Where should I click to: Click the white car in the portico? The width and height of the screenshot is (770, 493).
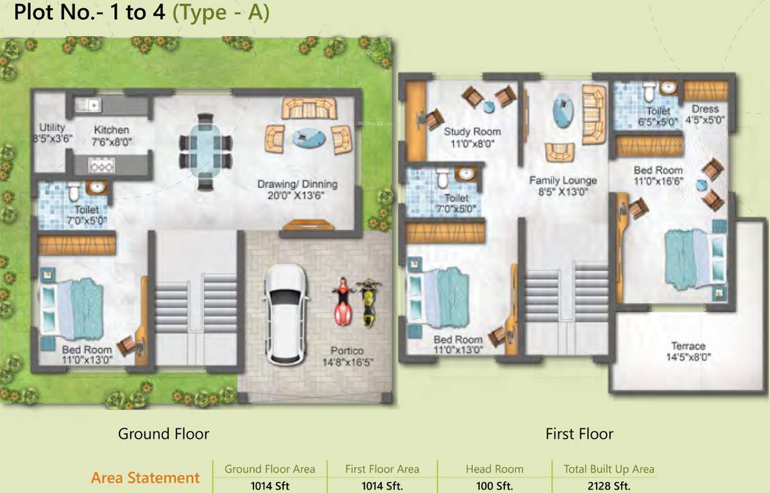click(x=287, y=314)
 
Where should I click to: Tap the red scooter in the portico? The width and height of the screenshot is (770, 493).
click(x=343, y=302)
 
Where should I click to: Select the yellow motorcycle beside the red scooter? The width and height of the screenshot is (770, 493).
click(x=368, y=302)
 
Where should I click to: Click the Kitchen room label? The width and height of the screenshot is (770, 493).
click(x=112, y=130)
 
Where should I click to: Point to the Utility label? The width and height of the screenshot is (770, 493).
click(x=52, y=127)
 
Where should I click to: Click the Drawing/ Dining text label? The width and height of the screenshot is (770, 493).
click(x=297, y=184)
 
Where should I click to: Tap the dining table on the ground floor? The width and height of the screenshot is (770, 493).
click(x=205, y=151)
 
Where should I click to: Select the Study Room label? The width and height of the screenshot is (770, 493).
click(x=472, y=132)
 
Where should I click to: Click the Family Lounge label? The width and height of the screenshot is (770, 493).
click(x=563, y=180)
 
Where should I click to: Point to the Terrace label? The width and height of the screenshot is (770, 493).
click(x=688, y=345)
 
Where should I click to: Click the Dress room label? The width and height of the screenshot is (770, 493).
click(x=705, y=109)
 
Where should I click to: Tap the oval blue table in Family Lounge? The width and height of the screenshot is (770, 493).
click(x=563, y=110)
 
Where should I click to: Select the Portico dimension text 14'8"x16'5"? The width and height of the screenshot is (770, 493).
click(x=348, y=362)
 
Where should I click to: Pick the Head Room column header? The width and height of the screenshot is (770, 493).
click(x=495, y=469)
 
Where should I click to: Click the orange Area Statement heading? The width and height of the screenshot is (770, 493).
click(x=145, y=478)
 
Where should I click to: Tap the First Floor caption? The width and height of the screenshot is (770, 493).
click(x=579, y=434)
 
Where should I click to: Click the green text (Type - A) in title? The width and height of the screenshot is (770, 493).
click(x=221, y=13)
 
